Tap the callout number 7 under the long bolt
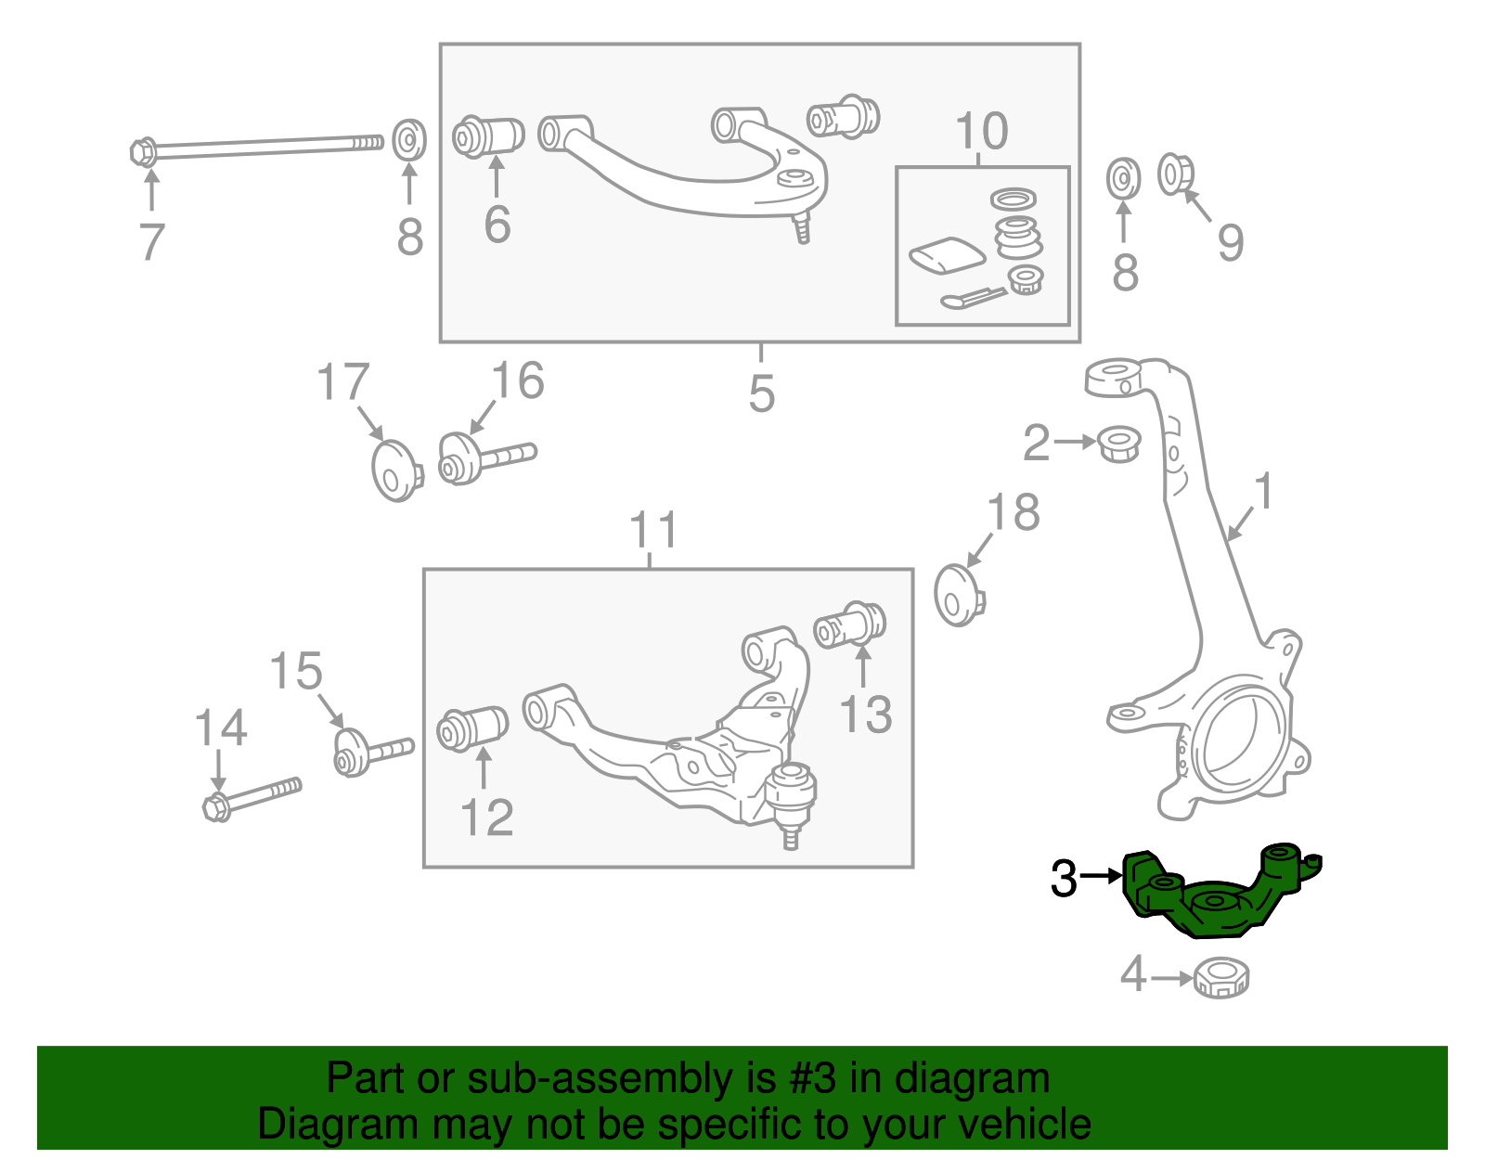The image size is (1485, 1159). click(x=151, y=242)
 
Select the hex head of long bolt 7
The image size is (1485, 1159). click(x=143, y=151)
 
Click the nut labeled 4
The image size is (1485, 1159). click(x=1221, y=977)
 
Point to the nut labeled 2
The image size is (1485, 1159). click(x=1119, y=444)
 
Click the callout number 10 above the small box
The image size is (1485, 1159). click(x=981, y=132)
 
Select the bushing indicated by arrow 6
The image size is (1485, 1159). click(x=489, y=136)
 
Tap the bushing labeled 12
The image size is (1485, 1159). click(x=473, y=728)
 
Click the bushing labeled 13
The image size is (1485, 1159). click(x=851, y=625)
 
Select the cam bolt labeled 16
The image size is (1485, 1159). click(x=483, y=458)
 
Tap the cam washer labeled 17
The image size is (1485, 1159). click(x=395, y=470)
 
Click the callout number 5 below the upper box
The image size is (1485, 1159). click(x=761, y=393)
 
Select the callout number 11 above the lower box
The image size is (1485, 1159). click(x=653, y=531)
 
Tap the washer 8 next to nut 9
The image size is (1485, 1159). click(x=1124, y=178)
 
